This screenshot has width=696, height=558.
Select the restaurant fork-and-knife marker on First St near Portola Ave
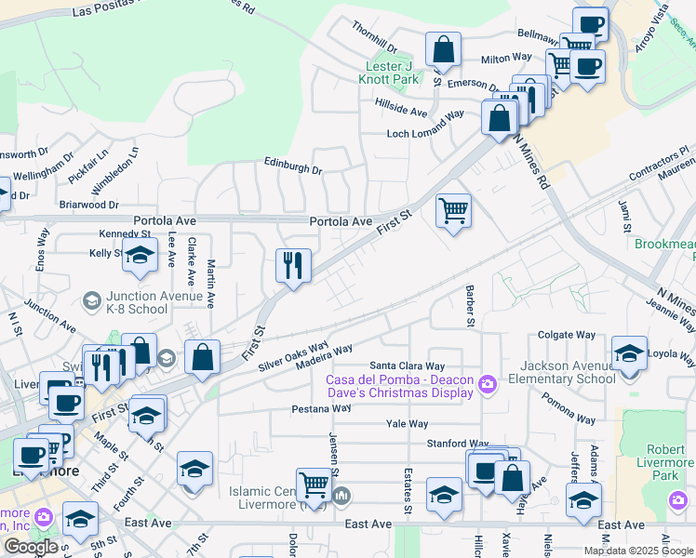(x=293, y=266)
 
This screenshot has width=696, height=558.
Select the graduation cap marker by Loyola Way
(x=630, y=353)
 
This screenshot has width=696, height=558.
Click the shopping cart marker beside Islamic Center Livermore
(x=315, y=485)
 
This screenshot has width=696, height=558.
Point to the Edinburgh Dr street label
(x=292, y=170)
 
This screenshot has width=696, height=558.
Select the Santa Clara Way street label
(x=408, y=366)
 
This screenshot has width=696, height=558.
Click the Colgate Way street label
(x=567, y=335)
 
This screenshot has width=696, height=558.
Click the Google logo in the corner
(x=31, y=547)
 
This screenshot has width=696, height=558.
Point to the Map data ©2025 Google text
(x=638, y=551)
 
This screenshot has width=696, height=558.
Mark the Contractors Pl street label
(x=656, y=161)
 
